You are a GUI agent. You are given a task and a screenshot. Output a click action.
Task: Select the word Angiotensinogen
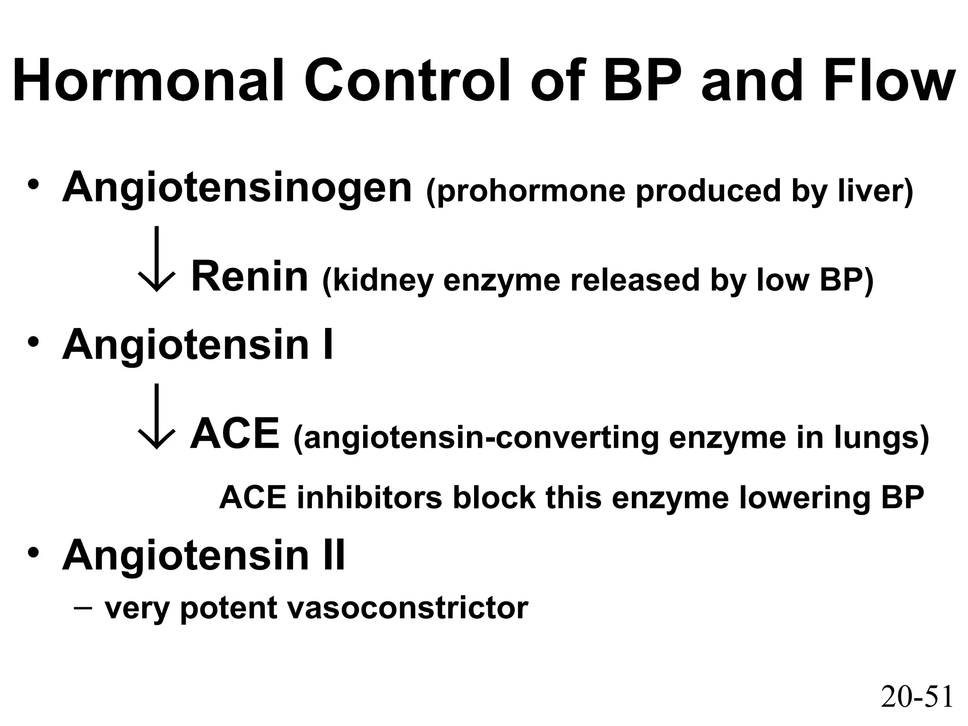[x=237, y=189]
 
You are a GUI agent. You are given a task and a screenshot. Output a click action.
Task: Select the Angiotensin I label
[x=198, y=345]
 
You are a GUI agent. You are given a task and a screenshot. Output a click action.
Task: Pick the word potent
[x=229, y=609]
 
